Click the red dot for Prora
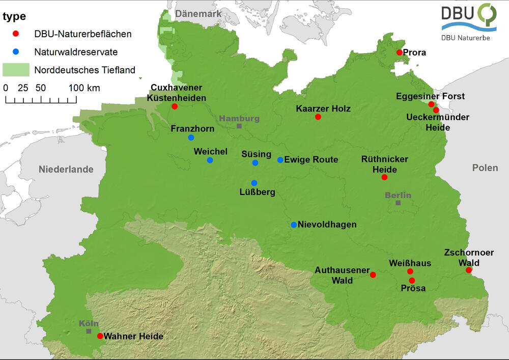tap(400, 52)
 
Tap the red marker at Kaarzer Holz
tap(318, 117)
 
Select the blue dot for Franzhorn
tap(191, 137)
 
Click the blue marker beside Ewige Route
tap(280, 160)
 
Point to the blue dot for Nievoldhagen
tap(294, 225)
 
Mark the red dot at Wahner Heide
tap(100, 336)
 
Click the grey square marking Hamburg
tap(239, 126)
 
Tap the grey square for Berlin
tap(398, 203)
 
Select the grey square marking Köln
tap(89, 331)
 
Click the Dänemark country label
tap(198, 14)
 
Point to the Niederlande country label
tap(66, 169)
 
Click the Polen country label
tap(485, 168)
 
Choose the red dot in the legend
tap(16, 34)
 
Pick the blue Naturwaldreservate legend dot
tap(16, 51)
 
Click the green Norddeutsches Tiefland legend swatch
tap(16, 69)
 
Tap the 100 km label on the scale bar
tap(84, 88)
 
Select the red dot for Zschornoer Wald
tap(469, 270)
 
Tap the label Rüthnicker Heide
tap(384, 164)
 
